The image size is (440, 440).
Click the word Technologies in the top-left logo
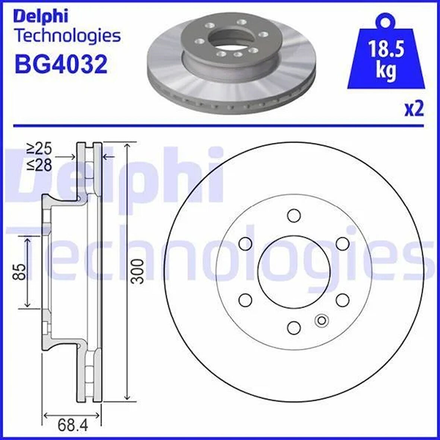(x=67, y=36)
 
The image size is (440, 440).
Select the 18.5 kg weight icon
(x=386, y=56)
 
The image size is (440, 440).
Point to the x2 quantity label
(x=414, y=109)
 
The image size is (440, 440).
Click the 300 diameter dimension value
(x=138, y=271)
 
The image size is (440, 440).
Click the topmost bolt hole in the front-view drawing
(x=294, y=215)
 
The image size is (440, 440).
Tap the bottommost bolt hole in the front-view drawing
(x=294, y=327)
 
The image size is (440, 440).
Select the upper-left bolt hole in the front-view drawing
(x=245, y=243)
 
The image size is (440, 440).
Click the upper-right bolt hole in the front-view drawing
(x=342, y=243)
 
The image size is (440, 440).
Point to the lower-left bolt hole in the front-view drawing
(x=245, y=299)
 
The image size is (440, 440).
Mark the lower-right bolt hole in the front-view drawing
(x=342, y=299)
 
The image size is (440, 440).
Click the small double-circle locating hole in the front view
(x=321, y=320)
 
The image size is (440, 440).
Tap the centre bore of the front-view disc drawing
(x=294, y=271)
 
